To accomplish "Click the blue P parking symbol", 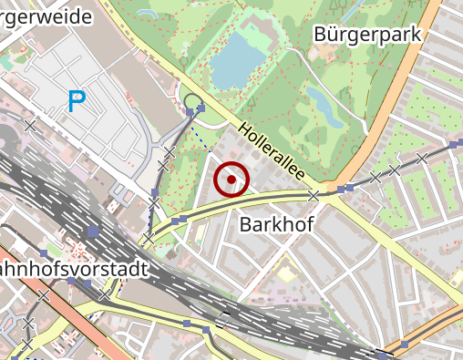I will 77,102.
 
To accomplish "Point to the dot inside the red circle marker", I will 231,180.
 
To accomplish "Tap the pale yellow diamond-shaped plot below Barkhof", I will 288,273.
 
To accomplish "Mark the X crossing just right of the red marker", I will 314,195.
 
